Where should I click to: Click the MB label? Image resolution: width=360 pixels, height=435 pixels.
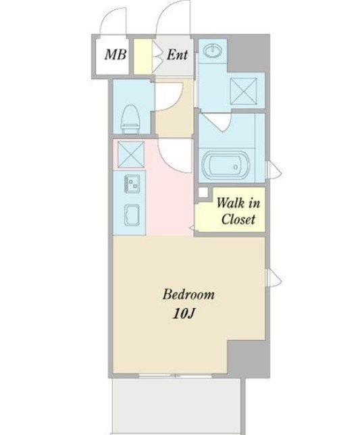click(x=115, y=54)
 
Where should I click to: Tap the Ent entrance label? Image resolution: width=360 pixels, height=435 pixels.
click(x=177, y=54)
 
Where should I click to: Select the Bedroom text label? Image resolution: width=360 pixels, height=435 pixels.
click(x=188, y=294)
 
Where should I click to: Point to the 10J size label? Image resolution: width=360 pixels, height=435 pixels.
click(x=184, y=313)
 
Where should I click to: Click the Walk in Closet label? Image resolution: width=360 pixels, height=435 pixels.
click(x=238, y=211)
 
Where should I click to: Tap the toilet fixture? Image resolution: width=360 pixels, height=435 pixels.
click(x=131, y=120)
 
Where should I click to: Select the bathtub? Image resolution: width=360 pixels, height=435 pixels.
click(x=225, y=165)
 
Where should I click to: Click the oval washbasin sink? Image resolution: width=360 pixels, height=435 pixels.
click(x=213, y=51)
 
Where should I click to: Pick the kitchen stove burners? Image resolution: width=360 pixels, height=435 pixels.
click(x=132, y=184)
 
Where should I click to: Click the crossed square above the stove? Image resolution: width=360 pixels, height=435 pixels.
click(x=131, y=154)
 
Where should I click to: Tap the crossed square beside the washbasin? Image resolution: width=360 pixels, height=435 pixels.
click(x=244, y=91)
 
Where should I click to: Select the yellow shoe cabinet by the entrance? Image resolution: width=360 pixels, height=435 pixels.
click(x=143, y=57)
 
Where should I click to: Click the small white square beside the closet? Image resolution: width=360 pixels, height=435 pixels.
click(x=203, y=193)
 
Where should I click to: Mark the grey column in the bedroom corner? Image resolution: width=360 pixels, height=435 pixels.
click(x=248, y=358)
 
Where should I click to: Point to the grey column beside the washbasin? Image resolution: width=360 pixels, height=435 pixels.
click(x=248, y=53)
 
